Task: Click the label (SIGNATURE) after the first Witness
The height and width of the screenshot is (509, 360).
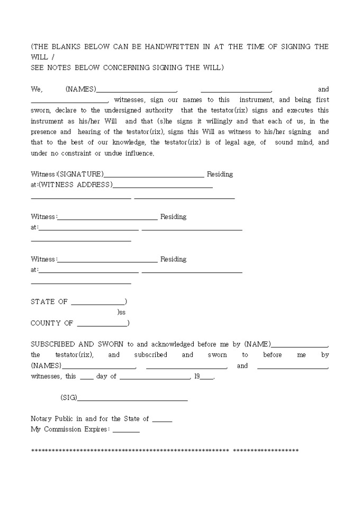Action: coord(80,174)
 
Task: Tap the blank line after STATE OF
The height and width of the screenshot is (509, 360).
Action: coord(97,304)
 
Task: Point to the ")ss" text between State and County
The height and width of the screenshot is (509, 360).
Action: coord(121,312)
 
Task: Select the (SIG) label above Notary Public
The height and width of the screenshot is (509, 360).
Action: coord(69,397)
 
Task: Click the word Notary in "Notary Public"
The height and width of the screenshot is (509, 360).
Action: coord(42,419)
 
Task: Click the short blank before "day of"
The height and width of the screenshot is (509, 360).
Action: coord(86,378)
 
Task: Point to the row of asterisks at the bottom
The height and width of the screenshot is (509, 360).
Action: coord(165,450)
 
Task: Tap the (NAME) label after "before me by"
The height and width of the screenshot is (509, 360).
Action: coord(257,344)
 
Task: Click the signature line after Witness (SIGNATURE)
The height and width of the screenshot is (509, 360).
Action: coord(154,176)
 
